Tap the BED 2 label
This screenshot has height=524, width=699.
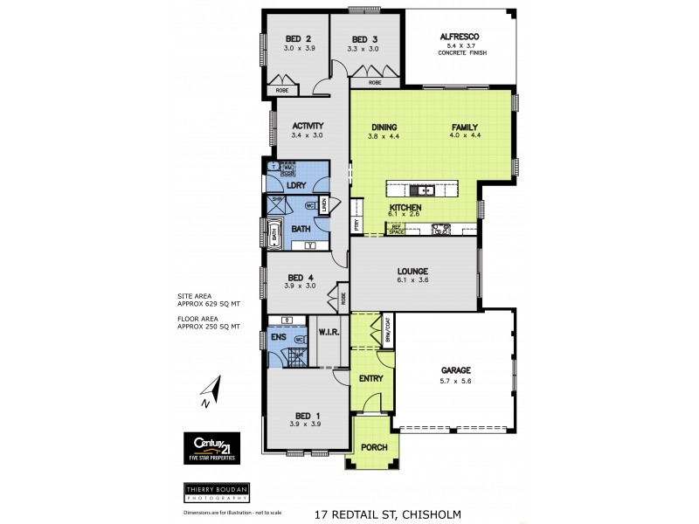click(x=298, y=38)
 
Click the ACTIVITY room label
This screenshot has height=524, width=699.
click(x=308, y=125)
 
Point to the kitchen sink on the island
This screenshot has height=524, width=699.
click(x=426, y=189)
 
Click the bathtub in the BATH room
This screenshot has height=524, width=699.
click(x=274, y=233)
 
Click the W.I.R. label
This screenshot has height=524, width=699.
click(x=329, y=331)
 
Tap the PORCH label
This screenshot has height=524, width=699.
click(x=374, y=447)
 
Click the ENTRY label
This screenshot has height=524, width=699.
click(x=371, y=378)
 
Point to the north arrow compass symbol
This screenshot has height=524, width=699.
click(x=211, y=393)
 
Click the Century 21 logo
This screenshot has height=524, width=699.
click(x=210, y=443)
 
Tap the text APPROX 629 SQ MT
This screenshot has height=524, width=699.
click(x=208, y=303)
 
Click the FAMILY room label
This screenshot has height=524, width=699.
click(x=465, y=126)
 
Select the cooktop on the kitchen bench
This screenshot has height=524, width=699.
click(x=441, y=231)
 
